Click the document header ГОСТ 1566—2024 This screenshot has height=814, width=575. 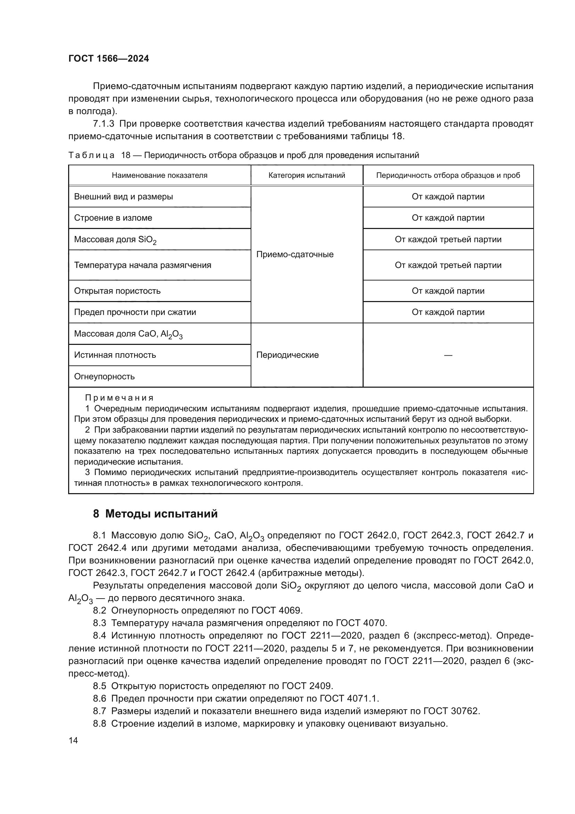click(109, 58)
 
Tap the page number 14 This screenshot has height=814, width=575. click(73, 740)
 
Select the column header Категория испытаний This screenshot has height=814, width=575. click(307, 175)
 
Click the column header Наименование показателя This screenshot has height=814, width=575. click(159, 175)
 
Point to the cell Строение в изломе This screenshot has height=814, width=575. click(113, 218)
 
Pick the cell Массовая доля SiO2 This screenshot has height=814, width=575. click(115, 240)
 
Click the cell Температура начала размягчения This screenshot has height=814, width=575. click(142, 265)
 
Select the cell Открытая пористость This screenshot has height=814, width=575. click(117, 291)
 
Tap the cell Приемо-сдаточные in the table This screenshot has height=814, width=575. click(294, 254)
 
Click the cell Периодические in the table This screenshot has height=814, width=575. click(287, 355)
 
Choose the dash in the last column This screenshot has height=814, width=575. click(448, 355)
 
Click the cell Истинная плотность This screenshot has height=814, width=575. click(115, 355)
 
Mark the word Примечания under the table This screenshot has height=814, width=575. click(119, 397)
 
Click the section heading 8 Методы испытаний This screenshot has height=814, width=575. click(155, 514)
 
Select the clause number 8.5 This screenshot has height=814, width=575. click(99, 686)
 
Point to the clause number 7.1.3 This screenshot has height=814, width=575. click(103, 124)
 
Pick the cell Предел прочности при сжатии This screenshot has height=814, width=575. click(135, 312)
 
